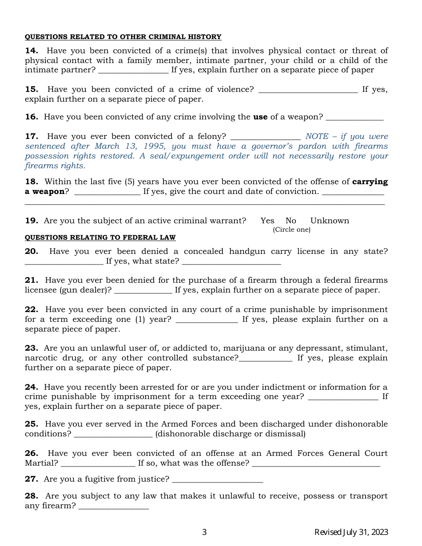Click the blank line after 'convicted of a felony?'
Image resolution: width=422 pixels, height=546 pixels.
click(x=265, y=138)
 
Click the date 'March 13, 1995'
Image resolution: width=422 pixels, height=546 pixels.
click(x=133, y=146)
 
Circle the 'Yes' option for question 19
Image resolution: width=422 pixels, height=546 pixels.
click(x=267, y=221)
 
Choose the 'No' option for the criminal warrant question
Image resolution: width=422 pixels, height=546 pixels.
click(x=291, y=221)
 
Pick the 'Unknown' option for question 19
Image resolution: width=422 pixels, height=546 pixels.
click(x=330, y=221)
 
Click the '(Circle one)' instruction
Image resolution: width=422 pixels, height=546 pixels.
click(x=291, y=229)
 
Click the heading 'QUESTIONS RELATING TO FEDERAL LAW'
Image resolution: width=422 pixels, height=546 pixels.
click(x=100, y=238)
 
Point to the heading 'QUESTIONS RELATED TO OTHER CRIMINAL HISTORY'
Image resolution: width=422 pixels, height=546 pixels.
click(x=123, y=37)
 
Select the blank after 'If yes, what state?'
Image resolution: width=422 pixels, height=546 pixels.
click(x=231, y=263)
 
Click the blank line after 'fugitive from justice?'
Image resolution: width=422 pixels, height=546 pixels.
click(x=217, y=481)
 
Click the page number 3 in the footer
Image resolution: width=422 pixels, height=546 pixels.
click(x=204, y=532)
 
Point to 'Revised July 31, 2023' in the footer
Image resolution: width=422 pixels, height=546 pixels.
click(x=351, y=532)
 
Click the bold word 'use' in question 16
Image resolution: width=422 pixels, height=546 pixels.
click(x=260, y=117)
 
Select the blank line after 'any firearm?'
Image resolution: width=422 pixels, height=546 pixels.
click(x=113, y=507)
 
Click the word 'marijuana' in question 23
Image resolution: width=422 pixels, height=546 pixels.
click(x=241, y=348)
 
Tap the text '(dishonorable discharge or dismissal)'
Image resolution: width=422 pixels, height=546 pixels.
click(x=230, y=434)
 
